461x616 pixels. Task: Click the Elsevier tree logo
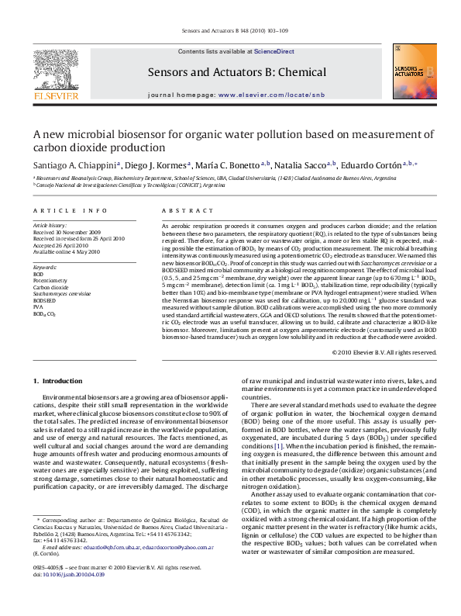tap(55, 74)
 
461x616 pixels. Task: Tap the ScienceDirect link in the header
tap(274, 51)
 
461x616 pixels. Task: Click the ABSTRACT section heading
tap(177, 210)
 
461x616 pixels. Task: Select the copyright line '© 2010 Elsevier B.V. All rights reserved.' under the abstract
tap(384, 351)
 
